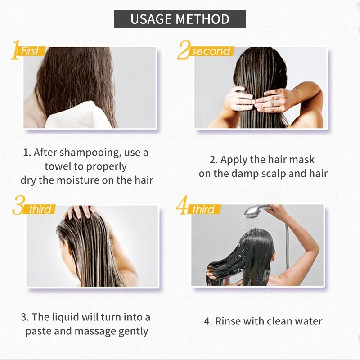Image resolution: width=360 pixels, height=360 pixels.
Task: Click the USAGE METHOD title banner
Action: tap(180, 19)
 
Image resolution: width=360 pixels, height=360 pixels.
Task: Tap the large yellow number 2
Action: tap(183, 50)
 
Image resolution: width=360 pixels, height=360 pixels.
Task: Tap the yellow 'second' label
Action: tap(210, 51)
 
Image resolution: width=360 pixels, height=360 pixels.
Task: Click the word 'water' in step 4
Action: tap(307, 321)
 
